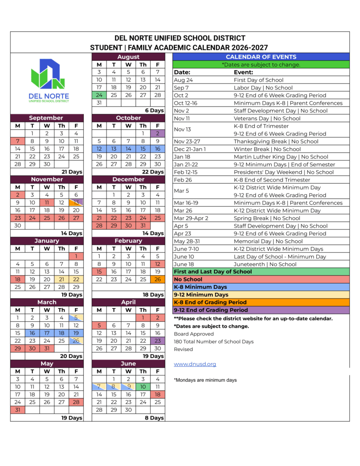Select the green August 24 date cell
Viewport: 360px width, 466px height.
[99, 95]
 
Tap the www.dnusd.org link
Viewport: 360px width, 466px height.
[195, 364]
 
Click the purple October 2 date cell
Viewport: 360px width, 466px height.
[157, 133]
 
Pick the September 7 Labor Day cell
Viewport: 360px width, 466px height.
[18, 141]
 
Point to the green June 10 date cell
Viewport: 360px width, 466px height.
[143, 386]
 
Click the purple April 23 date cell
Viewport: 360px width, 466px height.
[157, 340]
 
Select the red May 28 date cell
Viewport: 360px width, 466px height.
[76, 402]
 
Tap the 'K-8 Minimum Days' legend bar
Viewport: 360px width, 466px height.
[261, 287]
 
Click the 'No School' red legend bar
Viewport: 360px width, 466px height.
[261, 279]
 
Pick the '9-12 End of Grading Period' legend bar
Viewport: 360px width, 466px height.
[261, 310]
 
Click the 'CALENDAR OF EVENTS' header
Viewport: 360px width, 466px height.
[261, 57]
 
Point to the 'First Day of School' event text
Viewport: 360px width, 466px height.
[259, 80]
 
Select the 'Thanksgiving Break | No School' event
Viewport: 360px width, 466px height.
[276, 141]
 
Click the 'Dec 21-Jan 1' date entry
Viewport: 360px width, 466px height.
[190, 149]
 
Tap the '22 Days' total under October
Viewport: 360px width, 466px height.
[152, 172]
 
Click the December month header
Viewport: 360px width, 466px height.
[128, 179]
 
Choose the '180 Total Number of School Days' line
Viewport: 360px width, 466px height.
[213, 341]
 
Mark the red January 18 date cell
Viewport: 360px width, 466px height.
[18, 279]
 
